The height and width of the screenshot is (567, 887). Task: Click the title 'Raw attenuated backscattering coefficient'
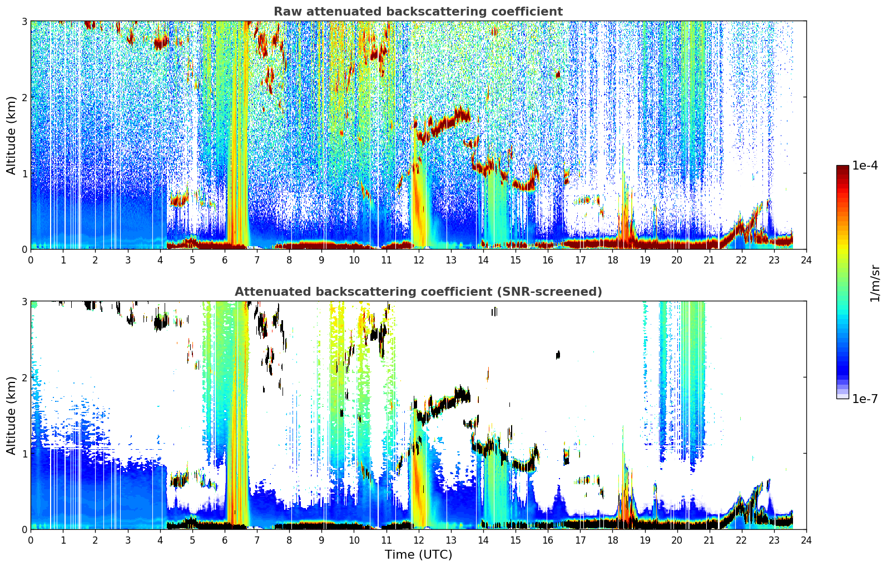click(418, 12)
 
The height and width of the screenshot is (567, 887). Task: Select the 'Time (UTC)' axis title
click(418, 555)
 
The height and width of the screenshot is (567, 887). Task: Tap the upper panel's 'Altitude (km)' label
click(11, 135)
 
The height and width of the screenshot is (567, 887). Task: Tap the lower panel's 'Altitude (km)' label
click(11, 415)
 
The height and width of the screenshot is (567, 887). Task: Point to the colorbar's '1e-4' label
click(865, 166)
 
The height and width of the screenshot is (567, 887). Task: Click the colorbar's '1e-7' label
click(865, 399)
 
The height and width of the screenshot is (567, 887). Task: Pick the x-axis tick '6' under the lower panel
click(225, 540)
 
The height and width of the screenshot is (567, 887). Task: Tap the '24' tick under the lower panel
click(806, 540)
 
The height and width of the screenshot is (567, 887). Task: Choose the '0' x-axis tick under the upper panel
click(31, 260)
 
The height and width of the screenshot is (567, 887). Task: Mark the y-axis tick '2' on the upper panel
click(24, 97)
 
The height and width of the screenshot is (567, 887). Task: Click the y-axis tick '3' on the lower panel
click(24, 302)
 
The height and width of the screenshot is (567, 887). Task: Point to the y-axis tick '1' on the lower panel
click(24, 454)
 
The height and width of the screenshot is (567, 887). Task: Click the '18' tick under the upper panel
click(613, 260)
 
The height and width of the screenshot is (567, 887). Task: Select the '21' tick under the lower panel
click(709, 540)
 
